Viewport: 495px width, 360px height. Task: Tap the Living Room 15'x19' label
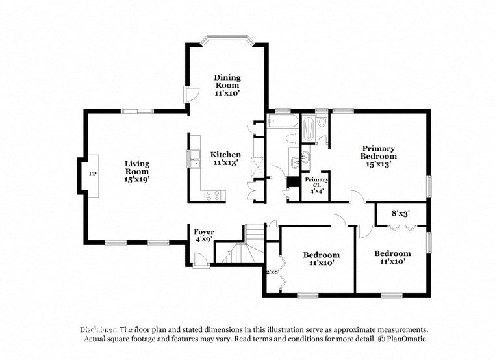coord(137,171)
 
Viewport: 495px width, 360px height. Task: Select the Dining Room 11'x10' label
coord(227,85)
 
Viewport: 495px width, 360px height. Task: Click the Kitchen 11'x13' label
coord(225,159)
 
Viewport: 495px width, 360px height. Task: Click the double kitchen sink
coord(193,158)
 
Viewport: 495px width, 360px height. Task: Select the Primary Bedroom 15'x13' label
coord(379,156)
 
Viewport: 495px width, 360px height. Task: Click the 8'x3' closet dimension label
coord(400,212)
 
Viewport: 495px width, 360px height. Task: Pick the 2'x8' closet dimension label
coord(272,272)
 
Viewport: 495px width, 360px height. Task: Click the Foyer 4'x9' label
coord(204,236)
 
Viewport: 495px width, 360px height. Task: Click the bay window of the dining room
coord(227,41)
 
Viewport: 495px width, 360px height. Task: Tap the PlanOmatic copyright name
coord(404,339)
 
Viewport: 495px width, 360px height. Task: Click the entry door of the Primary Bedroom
coord(357,197)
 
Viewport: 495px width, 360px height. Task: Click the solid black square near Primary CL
coord(292,181)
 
